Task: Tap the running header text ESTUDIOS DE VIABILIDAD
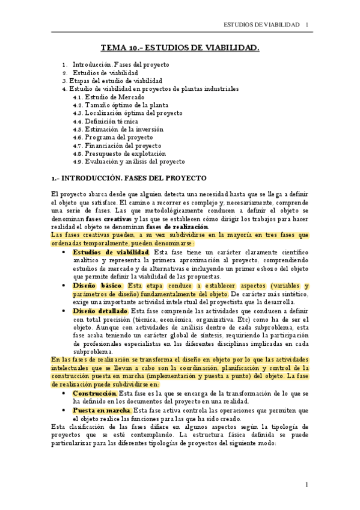pos(261,25)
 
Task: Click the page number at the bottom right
pos(307,485)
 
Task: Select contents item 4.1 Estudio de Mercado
pos(108,97)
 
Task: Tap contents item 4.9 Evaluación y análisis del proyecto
pos(129,161)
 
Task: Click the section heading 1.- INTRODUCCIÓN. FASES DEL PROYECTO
pos(129,179)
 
